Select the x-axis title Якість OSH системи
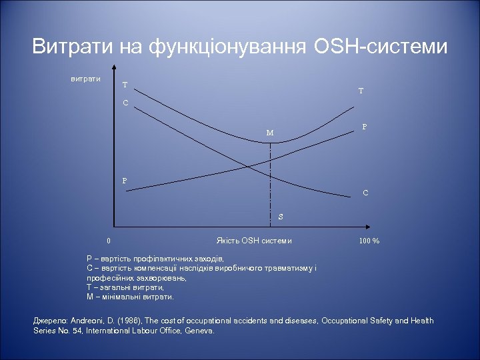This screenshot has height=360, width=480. (254, 241)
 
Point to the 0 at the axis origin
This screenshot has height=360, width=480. (109, 241)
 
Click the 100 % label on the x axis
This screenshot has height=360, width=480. (369, 241)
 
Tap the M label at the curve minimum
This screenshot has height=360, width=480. (269, 132)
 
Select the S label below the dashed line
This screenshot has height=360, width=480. (281, 217)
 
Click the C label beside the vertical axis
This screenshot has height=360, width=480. (125, 103)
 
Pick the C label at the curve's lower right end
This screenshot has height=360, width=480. (365, 193)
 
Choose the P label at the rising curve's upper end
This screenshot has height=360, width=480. (364, 126)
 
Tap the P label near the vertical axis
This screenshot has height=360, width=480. (125, 181)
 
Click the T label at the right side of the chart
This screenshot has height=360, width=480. (360, 91)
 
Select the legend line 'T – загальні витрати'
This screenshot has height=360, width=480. (125, 287)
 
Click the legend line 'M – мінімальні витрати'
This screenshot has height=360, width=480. (131, 296)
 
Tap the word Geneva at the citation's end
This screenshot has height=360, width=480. (198, 330)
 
